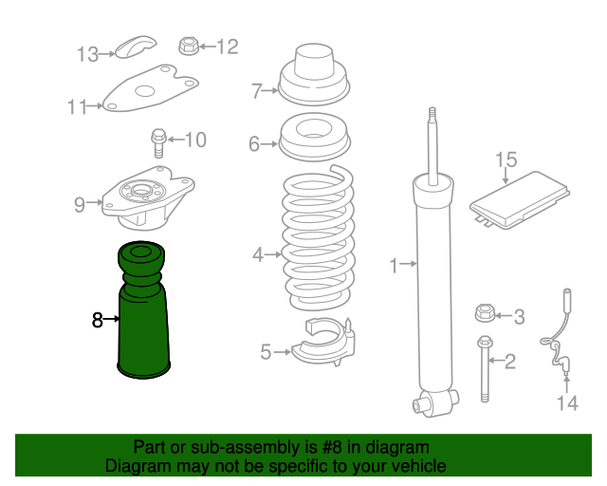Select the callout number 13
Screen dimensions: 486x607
tap(87, 54)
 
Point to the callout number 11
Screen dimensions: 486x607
tap(78, 106)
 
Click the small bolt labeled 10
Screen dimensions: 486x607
tap(158, 141)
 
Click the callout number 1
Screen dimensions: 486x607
tap(395, 266)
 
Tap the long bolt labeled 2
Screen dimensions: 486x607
tap(487, 370)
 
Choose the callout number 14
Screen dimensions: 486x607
tap(566, 404)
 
